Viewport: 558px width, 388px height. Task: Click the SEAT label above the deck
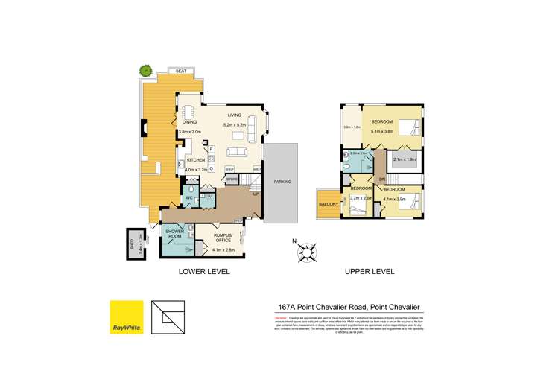coord(180,71)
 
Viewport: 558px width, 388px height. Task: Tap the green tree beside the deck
coord(145,71)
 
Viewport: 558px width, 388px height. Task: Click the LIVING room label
coord(235,115)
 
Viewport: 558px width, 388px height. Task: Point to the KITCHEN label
coord(196,160)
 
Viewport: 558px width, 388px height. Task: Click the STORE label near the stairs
coord(232,179)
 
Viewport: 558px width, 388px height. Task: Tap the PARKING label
coord(282,182)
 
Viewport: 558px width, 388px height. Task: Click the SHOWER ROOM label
coord(174,234)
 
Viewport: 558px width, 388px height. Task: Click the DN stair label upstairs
coord(381,179)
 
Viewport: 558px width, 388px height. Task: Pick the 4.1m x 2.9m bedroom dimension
coord(396,199)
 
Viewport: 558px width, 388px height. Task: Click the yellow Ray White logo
coord(127,319)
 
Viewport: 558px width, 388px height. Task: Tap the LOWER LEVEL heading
coord(204,272)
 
